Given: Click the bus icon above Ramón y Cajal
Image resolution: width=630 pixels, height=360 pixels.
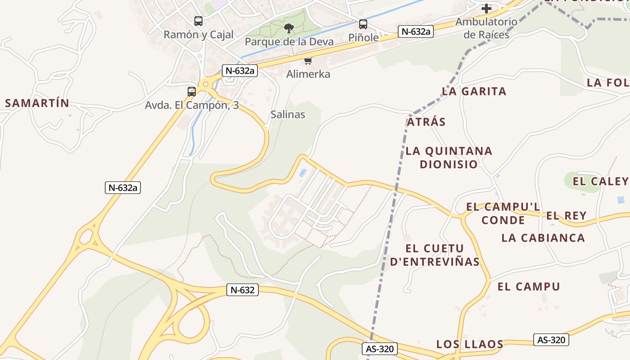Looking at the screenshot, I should click(x=198, y=21).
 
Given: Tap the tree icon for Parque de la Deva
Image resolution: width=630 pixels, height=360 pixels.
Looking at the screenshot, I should click(x=288, y=28).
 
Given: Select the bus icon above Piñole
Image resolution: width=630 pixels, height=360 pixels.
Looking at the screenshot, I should click(x=363, y=24).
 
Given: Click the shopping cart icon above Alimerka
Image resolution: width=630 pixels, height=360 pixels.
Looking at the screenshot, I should click(x=308, y=61).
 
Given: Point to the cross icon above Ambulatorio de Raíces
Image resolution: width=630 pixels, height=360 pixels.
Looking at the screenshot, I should click(x=486, y=8).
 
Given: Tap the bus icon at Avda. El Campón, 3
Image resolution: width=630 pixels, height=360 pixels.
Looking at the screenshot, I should click(x=192, y=92).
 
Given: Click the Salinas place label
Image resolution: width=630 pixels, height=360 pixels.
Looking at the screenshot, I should click(x=288, y=114).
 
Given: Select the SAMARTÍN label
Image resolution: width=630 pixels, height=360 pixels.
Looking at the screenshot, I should click(x=37, y=103).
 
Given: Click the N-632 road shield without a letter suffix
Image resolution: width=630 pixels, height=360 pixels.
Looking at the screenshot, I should click(x=243, y=290).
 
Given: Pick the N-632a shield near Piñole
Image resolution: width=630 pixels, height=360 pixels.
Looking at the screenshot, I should click(x=415, y=31).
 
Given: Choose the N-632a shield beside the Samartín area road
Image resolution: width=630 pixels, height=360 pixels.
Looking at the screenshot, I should click(x=123, y=188).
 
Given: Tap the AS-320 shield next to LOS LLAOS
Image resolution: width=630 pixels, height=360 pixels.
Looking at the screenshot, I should click(x=551, y=340).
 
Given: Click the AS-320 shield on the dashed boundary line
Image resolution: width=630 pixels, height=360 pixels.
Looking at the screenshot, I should click(x=380, y=349).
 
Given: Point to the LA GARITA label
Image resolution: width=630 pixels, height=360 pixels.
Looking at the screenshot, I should click(x=474, y=91).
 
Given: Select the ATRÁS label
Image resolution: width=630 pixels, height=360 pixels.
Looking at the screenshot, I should click(x=426, y=121).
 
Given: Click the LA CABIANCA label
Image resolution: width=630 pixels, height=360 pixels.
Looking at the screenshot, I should click(x=543, y=238).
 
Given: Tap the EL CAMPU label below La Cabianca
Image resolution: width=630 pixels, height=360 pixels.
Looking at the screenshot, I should click(x=528, y=286).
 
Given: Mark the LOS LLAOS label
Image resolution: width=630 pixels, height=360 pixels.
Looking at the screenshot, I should click(x=469, y=344).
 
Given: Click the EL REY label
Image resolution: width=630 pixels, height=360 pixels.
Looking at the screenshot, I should click(x=566, y=216).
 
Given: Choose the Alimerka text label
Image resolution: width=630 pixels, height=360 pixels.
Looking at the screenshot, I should click(x=308, y=74).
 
